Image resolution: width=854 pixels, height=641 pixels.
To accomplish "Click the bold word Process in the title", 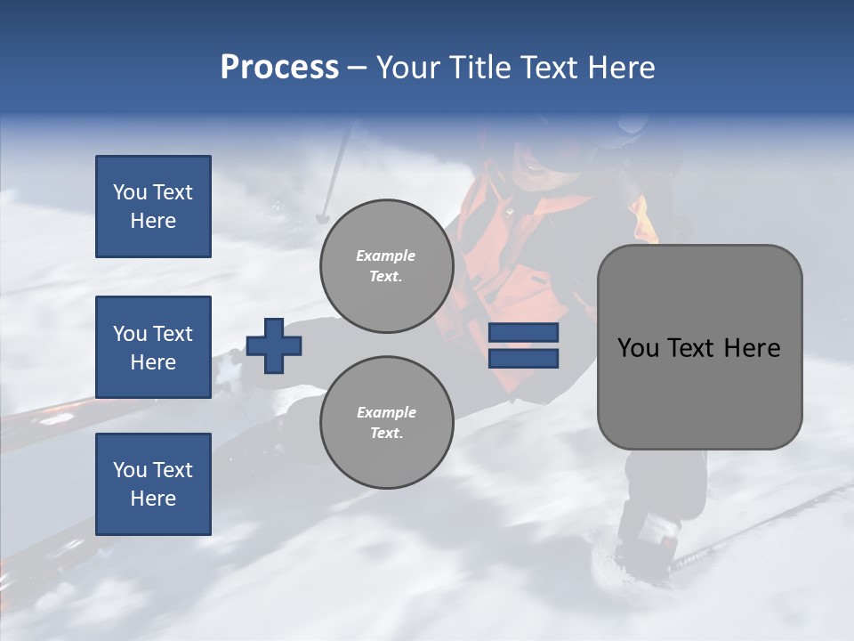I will tap(279, 68).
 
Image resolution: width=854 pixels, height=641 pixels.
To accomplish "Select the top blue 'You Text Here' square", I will tap(153, 207).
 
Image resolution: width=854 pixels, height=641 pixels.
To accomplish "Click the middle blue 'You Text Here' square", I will tap(153, 347).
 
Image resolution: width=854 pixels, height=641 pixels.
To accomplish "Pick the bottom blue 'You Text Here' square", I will tap(153, 483).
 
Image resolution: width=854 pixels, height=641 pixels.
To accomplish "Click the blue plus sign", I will tap(274, 345).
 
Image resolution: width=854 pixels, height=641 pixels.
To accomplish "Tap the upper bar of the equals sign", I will tap(523, 333).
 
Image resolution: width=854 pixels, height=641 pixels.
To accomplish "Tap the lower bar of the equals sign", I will tap(523, 358).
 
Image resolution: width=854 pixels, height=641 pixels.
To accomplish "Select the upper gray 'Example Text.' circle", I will tap(386, 266).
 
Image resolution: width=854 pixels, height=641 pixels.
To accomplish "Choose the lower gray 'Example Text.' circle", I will tap(386, 422).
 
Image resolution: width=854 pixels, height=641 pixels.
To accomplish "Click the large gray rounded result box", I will tap(699, 347).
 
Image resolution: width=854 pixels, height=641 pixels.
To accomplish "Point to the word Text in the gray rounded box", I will tap(693, 348).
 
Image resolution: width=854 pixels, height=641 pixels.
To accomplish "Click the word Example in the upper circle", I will tap(386, 256).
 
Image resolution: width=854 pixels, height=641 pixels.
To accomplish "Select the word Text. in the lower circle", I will tap(386, 434).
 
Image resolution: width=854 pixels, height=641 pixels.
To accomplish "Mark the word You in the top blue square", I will tap(128, 192).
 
